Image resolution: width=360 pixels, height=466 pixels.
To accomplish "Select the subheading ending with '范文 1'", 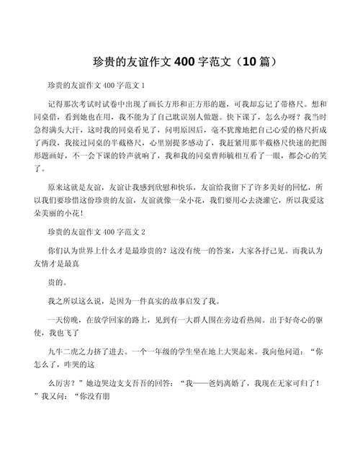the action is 96,85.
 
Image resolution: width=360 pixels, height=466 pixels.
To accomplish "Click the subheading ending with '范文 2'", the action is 96,232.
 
